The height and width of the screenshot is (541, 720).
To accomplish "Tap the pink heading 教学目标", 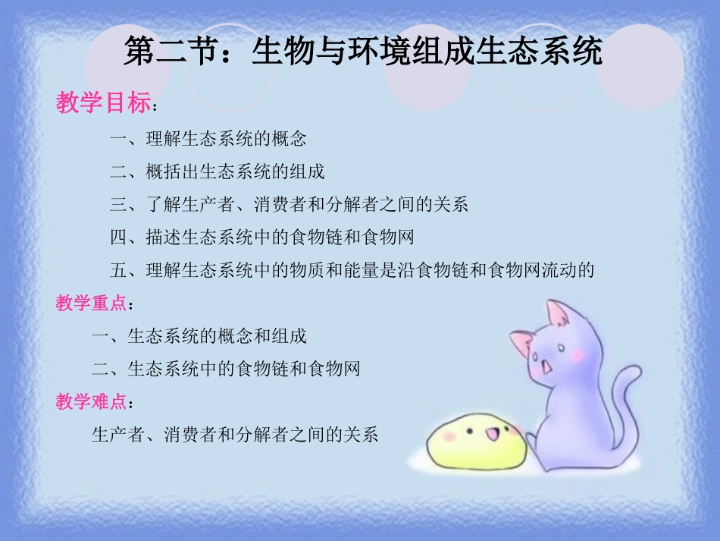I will coord(103,102).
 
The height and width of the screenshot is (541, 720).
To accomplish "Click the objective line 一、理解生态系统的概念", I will coord(208,139).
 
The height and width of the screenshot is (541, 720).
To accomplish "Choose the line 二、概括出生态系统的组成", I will coord(217,171).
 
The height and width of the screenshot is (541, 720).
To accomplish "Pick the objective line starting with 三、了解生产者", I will coord(289,204).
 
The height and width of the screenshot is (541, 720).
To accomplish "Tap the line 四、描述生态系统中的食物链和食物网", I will coord(261,237).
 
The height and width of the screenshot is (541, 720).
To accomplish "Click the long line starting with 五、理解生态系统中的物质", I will coord(352,269).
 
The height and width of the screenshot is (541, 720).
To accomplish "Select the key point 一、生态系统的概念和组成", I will coord(199,336).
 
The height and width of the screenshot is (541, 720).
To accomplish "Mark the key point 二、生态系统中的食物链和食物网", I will coord(226,369).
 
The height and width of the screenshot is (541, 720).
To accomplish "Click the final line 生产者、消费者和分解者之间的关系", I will coord(234,435).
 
